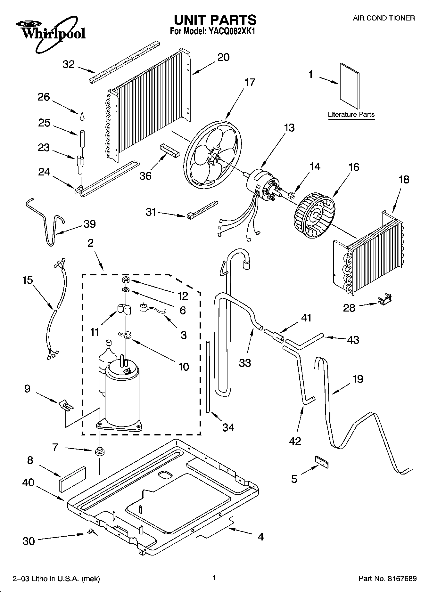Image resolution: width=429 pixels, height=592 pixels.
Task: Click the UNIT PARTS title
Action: click(x=215, y=20)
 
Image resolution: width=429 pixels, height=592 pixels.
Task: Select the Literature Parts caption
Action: click(x=351, y=115)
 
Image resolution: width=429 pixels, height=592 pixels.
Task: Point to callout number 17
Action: click(x=250, y=82)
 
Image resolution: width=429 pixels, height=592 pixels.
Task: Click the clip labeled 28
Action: click(x=384, y=300)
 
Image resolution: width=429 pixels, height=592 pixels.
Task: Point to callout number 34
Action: click(x=228, y=427)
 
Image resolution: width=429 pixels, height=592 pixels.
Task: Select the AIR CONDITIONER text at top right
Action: click(x=384, y=18)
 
